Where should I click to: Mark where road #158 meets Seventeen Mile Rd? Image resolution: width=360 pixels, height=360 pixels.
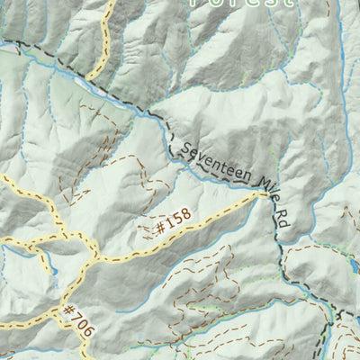pyautogui.click(x=268, y=201)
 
